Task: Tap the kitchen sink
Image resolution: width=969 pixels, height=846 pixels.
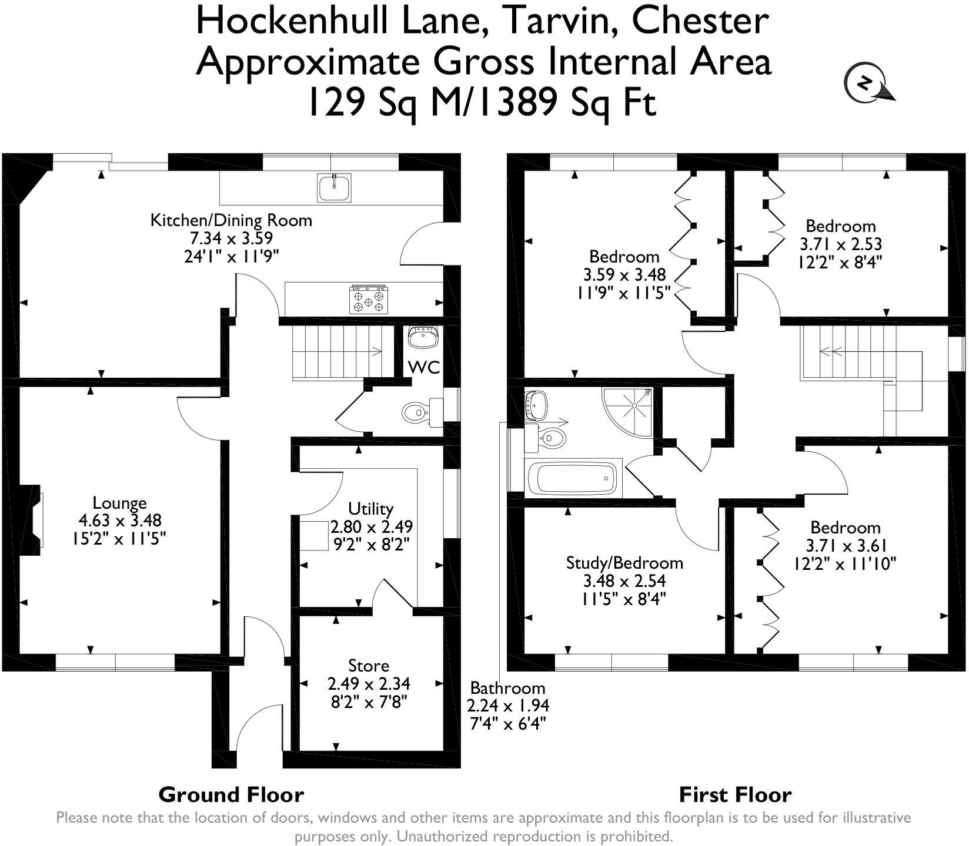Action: coord(334,187)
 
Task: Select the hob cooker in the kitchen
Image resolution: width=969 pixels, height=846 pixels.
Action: coord(369,300)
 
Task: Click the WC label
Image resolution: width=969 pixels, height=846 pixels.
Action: coord(425,368)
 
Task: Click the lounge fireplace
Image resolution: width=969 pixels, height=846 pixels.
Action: coord(32,519)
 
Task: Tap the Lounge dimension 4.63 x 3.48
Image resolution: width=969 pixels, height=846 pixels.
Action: coord(119,521)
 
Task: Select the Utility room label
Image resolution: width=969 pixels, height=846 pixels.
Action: coord(370,508)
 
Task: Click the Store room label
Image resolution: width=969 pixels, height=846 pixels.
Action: coord(369,666)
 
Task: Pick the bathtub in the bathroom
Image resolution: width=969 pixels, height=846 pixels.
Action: coord(572,478)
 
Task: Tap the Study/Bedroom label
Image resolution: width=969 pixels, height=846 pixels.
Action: coord(624,563)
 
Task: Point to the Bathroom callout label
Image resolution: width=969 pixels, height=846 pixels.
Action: coord(507,688)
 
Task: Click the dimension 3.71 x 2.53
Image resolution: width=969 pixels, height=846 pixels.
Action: coord(840,244)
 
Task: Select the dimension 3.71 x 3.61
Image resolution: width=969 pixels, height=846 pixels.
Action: coord(845,546)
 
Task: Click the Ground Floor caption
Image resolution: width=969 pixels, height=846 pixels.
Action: coord(231,795)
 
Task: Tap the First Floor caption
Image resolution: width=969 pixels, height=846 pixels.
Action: coord(735,795)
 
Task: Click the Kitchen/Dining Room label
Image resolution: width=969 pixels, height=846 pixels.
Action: coord(231,220)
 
